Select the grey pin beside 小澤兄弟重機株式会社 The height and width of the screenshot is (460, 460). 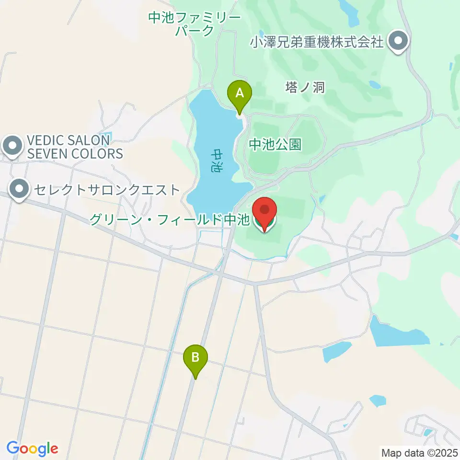click(x=398, y=41)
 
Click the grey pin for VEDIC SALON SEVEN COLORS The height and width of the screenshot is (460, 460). click(x=11, y=146)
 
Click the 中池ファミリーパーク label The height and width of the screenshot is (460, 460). click(x=194, y=24)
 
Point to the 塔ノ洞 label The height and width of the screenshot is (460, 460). click(x=305, y=87)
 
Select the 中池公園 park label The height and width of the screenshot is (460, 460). click(x=275, y=144)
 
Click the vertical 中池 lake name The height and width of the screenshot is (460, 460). click(x=218, y=161)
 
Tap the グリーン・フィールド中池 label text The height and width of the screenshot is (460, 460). click(x=170, y=220)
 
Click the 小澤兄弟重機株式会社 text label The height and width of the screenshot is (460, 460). click(x=317, y=42)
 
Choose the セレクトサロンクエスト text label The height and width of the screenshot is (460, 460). click(x=105, y=190)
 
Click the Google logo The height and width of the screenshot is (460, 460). click(x=32, y=448)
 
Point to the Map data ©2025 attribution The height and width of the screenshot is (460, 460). click(x=419, y=452)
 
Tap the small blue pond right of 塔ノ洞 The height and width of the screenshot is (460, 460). click(x=375, y=85)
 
